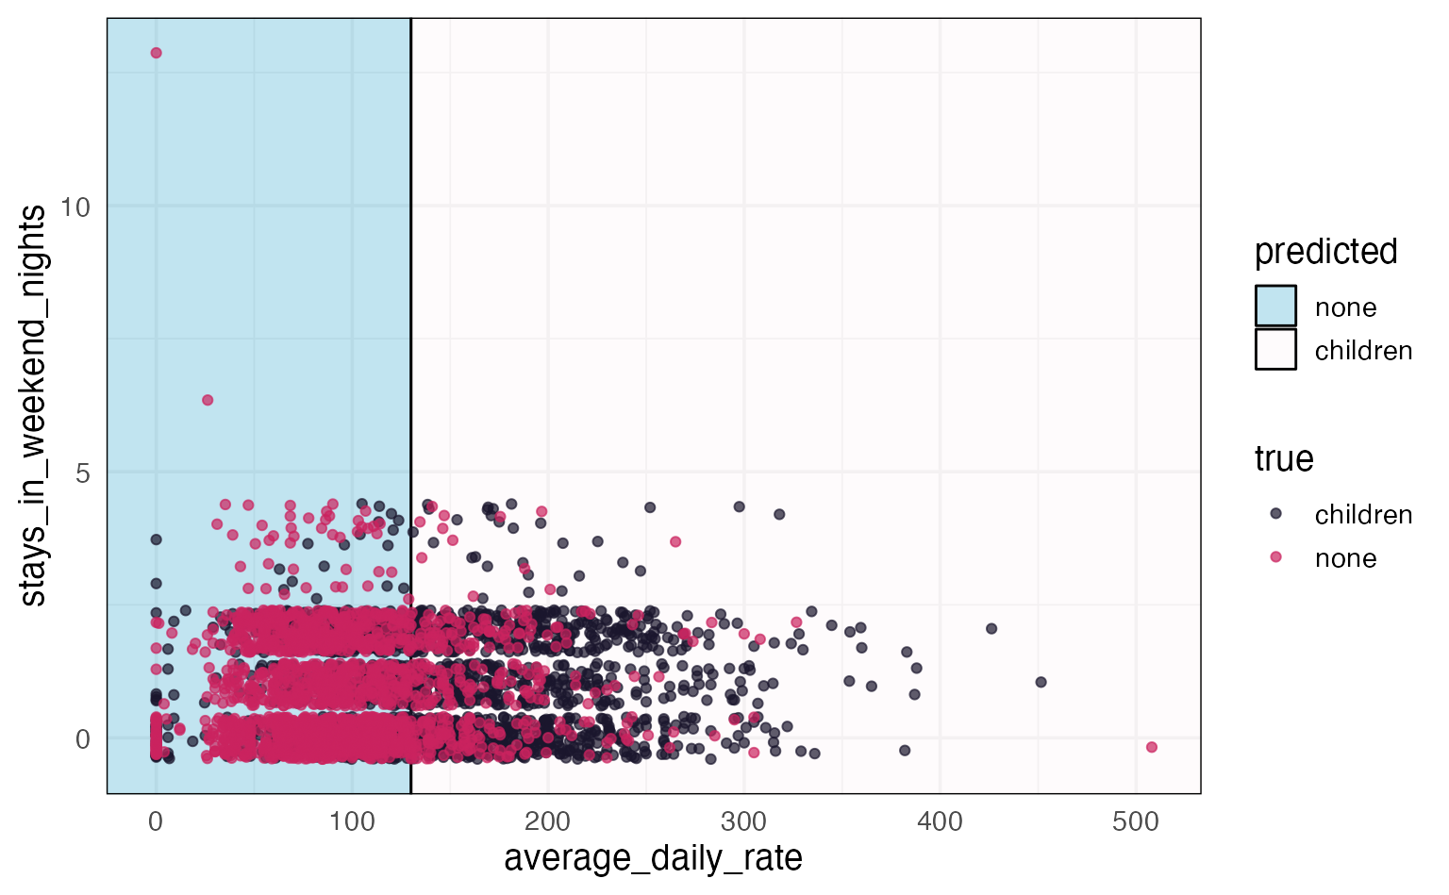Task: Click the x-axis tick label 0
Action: pyautogui.click(x=156, y=821)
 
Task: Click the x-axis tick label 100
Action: pyautogui.click(x=352, y=821)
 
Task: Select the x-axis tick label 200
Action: pyautogui.click(x=548, y=821)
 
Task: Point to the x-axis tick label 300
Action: pyautogui.click(x=744, y=821)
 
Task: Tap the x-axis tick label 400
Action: pyautogui.click(x=941, y=821)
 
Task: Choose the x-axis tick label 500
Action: pyautogui.click(x=1136, y=821)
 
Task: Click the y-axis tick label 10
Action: pyautogui.click(x=75, y=207)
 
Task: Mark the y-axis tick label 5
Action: pyautogui.click(x=83, y=472)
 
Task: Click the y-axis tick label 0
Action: pyautogui.click(x=83, y=738)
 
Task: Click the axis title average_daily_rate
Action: pyautogui.click(x=653, y=858)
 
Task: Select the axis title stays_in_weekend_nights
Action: pyautogui.click(x=33, y=406)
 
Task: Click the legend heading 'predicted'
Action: pyautogui.click(x=1325, y=252)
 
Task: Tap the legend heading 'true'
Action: pyautogui.click(x=1284, y=459)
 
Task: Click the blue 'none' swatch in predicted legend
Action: pyautogui.click(x=1275, y=307)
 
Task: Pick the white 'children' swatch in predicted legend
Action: pyautogui.click(x=1275, y=350)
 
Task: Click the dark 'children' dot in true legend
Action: pyautogui.click(x=1275, y=514)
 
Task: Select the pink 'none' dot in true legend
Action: pyautogui.click(x=1275, y=557)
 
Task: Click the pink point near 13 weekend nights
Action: pyautogui.click(x=156, y=53)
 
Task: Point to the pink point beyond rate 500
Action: pyautogui.click(x=1151, y=747)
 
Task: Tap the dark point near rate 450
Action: pyautogui.click(x=1041, y=682)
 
